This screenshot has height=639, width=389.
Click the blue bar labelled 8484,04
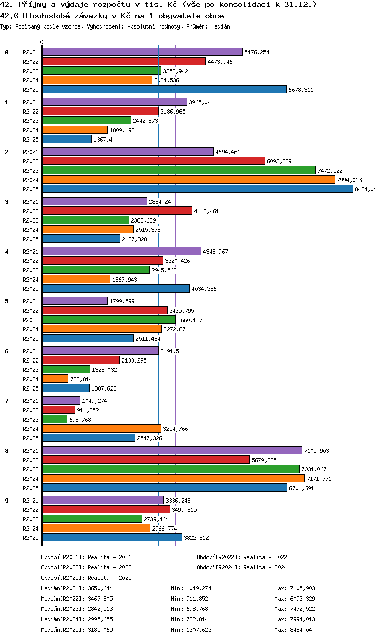(x=197, y=189)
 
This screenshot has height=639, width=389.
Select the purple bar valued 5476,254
(x=142, y=52)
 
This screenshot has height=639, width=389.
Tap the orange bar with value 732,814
(x=55, y=379)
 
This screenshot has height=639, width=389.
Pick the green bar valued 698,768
(x=54, y=419)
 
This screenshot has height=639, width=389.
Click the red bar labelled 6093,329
(x=154, y=161)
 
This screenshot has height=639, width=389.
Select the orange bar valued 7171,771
(x=173, y=478)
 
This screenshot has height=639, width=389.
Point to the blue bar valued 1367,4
(x=67, y=139)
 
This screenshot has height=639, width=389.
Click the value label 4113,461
(x=206, y=211)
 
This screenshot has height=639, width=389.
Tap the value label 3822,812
(x=196, y=538)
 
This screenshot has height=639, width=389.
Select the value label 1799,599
(x=122, y=301)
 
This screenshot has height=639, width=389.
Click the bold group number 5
(x=7, y=301)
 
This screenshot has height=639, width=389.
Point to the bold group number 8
(x=7, y=451)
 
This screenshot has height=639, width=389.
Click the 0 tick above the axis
(x=42, y=42)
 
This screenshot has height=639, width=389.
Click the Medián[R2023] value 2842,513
(x=101, y=609)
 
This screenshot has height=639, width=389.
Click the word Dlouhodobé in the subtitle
(x=46, y=16)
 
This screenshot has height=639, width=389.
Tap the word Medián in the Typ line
(x=221, y=26)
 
